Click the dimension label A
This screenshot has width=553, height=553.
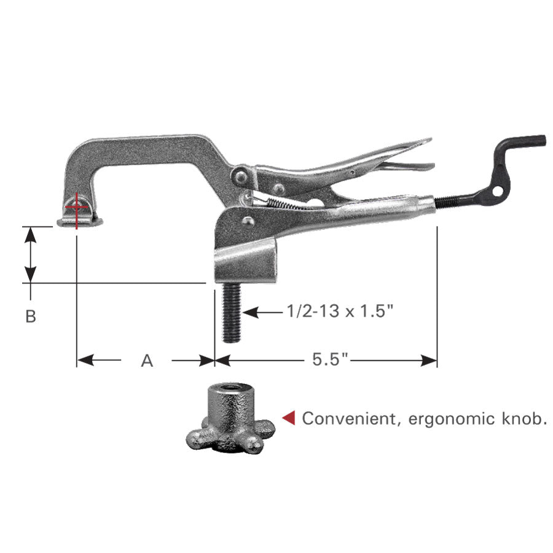(x=146, y=361)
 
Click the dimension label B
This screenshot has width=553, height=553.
(x=31, y=316)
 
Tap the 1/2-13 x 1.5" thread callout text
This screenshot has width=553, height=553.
(x=339, y=312)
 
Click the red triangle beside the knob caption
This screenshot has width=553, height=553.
(x=288, y=418)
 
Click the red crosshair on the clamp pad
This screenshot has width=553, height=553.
(x=76, y=207)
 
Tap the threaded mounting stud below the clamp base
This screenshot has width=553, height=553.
(x=231, y=313)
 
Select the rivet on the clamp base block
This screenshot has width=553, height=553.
(x=247, y=221)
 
